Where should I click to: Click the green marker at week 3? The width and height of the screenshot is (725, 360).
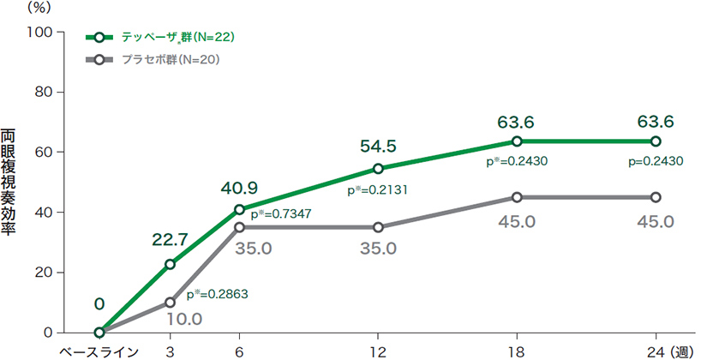coord(171,264)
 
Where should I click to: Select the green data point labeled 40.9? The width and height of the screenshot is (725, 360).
coord(240,209)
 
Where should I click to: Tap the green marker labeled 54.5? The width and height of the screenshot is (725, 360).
coord(379,168)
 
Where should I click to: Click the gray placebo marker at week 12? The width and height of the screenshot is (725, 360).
coord(379,227)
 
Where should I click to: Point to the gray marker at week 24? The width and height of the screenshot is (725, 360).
coord(656,197)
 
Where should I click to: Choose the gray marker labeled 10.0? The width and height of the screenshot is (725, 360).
coord(171,303)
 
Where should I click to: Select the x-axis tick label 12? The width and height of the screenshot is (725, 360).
coord(378,351)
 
